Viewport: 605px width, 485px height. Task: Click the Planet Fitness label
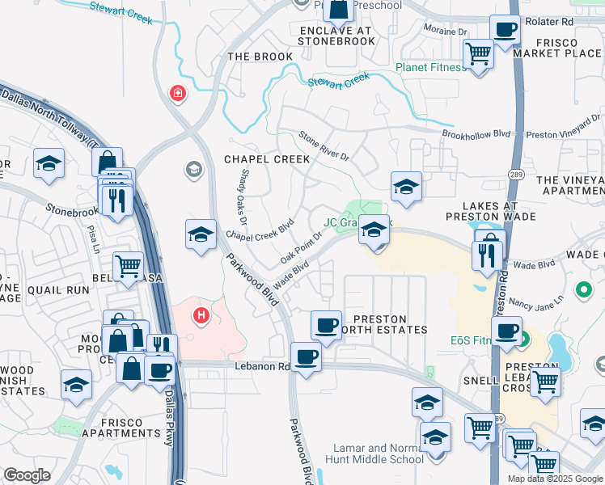coord(430,68)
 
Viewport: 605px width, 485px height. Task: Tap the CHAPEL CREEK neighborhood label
coord(267,159)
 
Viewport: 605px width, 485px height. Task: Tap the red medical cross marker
coord(176,94)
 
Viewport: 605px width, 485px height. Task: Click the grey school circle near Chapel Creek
coord(193,169)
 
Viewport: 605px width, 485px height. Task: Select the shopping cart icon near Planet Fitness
coord(478,53)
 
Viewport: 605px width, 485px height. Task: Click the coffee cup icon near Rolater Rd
coord(505,31)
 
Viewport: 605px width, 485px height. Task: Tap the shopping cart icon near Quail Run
coord(128,264)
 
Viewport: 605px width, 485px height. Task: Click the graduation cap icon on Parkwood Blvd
coord(201,234)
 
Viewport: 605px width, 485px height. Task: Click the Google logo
coord(27,474)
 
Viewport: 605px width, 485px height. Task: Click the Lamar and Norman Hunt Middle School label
coord(379,453)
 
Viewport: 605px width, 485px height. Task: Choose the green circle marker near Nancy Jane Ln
coord(582,289)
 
